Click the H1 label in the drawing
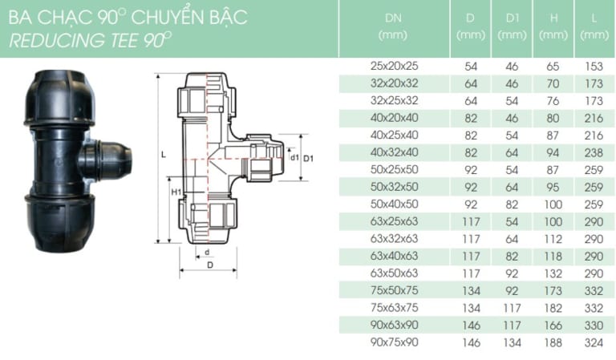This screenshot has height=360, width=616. [175, 192]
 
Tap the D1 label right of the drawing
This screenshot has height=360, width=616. [308, 158]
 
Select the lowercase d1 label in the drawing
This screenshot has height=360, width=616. [294, 158]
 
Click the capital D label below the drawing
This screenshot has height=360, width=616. [209, 264]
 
